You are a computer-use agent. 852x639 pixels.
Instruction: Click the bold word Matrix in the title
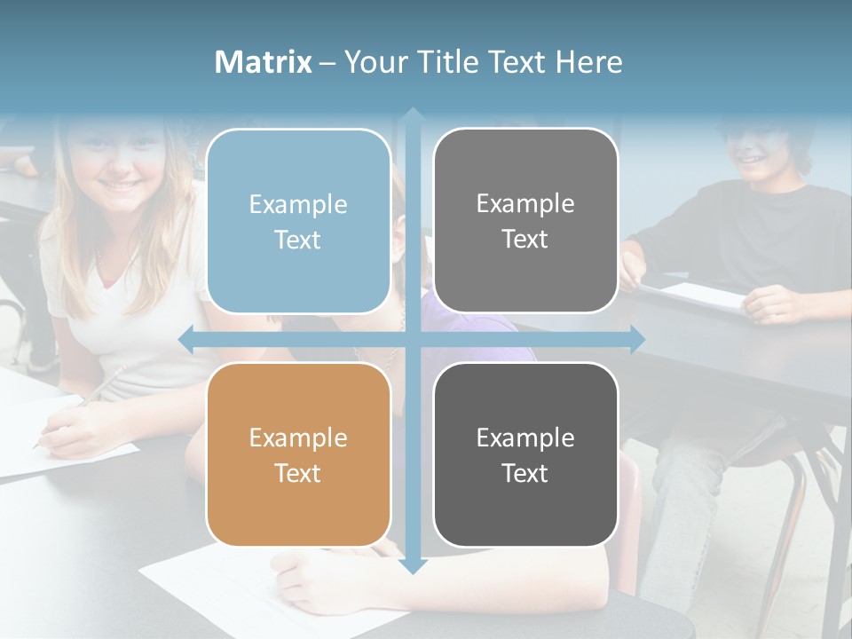click(x=264, y=62)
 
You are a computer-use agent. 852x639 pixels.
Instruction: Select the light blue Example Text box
click(x=298, y=221)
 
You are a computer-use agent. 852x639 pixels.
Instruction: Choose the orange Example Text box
click(x=298, y=454)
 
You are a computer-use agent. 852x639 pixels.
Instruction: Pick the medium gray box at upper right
click(x=525, y=221)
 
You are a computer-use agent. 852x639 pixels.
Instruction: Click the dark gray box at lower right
click(x=525, y=454)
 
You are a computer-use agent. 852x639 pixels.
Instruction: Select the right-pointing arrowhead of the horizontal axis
click(x=637, y=339)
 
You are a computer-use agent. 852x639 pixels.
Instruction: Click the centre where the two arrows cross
click(x=412, y=339)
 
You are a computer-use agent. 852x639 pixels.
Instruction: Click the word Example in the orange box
click(x=298, y=438)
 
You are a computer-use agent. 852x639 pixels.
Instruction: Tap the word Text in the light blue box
click(x=298, y=240)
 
